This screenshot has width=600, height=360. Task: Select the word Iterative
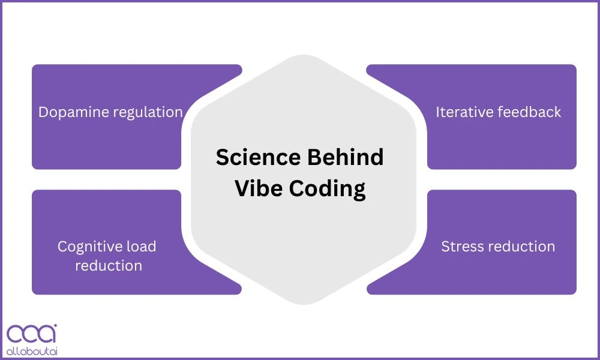click(x=462, y=112)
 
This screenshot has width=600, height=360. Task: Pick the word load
click(x=142, y=247)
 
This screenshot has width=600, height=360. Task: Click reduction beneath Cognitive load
click(x=109, y=266)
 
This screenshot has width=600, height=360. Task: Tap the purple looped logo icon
click(x=31, y=334)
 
